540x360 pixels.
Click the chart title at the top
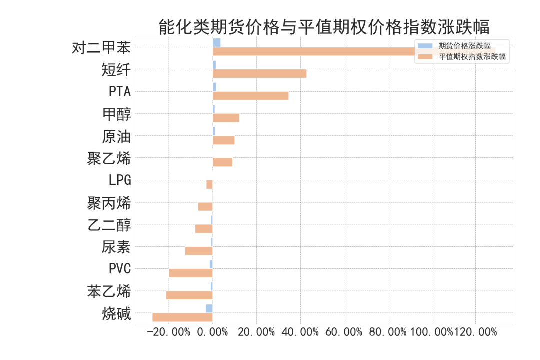324,26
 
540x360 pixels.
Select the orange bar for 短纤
259,74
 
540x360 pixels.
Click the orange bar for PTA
250,96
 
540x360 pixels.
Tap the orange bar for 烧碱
182,317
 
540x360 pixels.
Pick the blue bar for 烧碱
209,309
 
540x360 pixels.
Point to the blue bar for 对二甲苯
216,43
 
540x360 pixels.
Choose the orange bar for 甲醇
226,118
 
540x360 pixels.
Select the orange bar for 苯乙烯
189,295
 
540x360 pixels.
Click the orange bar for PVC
191,273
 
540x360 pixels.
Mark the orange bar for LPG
209,184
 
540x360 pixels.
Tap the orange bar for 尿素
199,251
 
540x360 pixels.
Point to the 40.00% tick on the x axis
300,332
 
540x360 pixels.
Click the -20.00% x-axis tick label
169,332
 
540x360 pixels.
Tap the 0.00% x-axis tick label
213,332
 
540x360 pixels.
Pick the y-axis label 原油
116,136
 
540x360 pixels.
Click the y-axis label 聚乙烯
109,159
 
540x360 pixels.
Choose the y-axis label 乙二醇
109,225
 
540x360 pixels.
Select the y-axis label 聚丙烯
109,203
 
